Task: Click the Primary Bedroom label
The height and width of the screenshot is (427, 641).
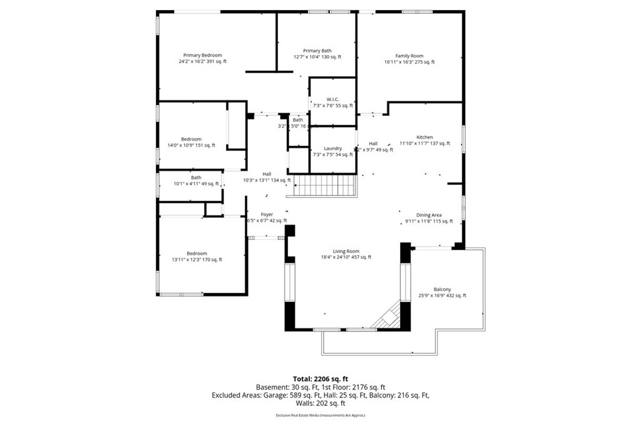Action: (202, 55)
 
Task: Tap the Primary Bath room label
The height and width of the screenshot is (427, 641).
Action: (317, 51)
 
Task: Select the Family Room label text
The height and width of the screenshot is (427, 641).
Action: (409, 56)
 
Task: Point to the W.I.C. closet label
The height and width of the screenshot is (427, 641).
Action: (332, 99)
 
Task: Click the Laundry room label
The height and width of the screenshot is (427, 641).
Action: (332, 148)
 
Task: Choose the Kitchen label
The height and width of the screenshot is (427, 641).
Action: (425, 137)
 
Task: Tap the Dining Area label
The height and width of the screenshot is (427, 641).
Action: (429, 215)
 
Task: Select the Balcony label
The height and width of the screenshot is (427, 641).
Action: (442, 289)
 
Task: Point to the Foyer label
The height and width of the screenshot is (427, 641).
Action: (267, 214)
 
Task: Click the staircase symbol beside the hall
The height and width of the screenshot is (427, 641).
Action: (325, 186)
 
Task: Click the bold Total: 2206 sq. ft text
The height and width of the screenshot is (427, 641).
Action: (320, 379)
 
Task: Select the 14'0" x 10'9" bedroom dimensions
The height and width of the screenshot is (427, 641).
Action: (191, 145)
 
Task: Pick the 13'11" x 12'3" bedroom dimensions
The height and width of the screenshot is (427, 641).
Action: (197, 259)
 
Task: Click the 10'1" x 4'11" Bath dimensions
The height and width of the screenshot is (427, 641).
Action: (196, 184)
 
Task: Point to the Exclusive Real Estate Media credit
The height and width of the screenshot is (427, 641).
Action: (320, 415)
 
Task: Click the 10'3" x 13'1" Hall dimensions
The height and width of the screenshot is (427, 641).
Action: (267, 180)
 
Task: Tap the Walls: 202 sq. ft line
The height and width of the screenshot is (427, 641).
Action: (320, 403)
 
